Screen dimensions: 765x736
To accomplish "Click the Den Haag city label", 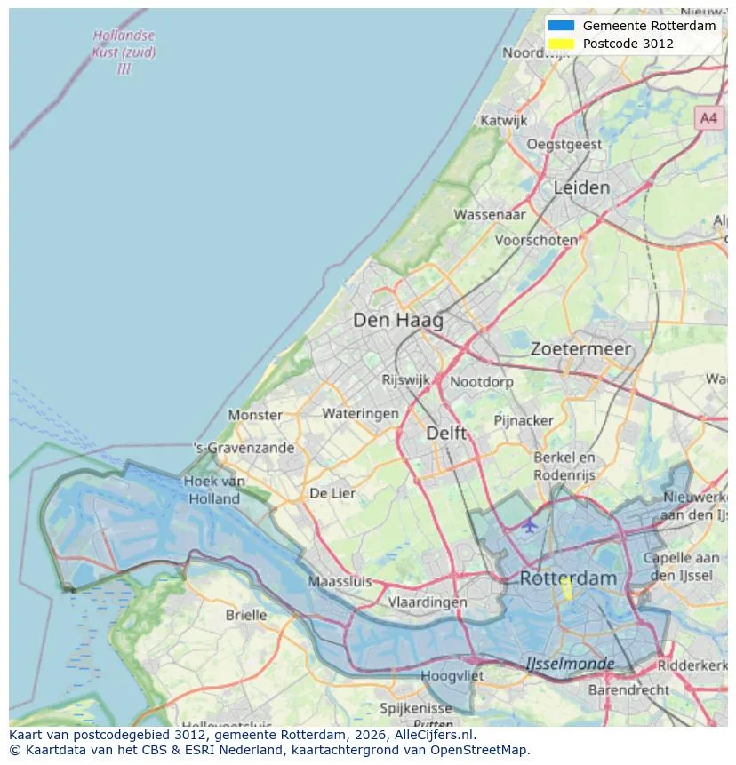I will pos(397,320).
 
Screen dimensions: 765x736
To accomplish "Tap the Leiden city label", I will pos(581,187).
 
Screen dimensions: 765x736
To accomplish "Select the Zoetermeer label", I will pos(580,349).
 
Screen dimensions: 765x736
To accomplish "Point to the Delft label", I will pos(446,433).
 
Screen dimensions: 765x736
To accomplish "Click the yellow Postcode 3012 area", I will pos(566,589).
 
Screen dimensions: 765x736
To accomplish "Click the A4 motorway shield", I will pos(708,117).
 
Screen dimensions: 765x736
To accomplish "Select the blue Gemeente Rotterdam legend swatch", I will pos(562,26).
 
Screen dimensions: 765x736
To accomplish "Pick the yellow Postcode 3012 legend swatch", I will pos(562,44).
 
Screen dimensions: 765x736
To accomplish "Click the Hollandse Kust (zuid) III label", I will pos(124,52).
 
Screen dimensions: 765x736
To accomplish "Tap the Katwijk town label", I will pos(504,120).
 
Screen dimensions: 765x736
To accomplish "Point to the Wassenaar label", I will pos(490,214).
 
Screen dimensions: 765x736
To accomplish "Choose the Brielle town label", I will pos(246,615).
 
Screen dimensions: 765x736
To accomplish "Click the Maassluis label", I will pos(340,582).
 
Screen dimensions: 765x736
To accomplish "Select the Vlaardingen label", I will pos(428,602).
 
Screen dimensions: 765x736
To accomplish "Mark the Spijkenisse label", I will pos(416,708).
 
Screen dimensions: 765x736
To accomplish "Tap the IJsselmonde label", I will pos(570,664).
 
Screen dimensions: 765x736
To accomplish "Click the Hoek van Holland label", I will pos(214,490).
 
